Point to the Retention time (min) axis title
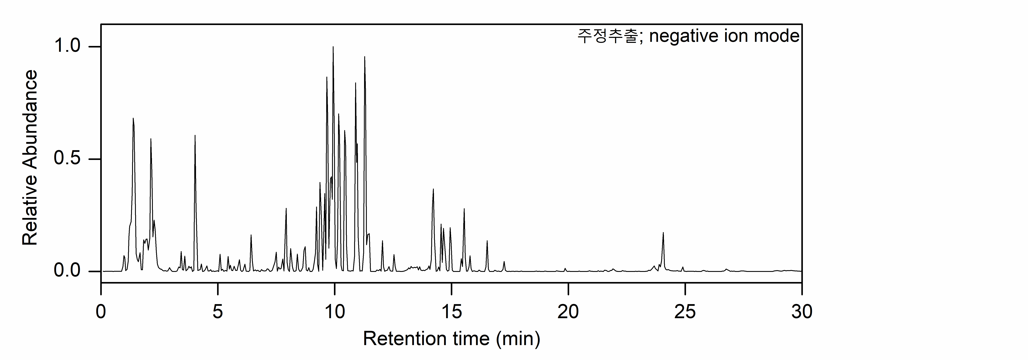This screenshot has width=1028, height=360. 451,339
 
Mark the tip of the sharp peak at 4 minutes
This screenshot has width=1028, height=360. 195,136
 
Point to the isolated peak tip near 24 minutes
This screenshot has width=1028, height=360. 663,233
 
